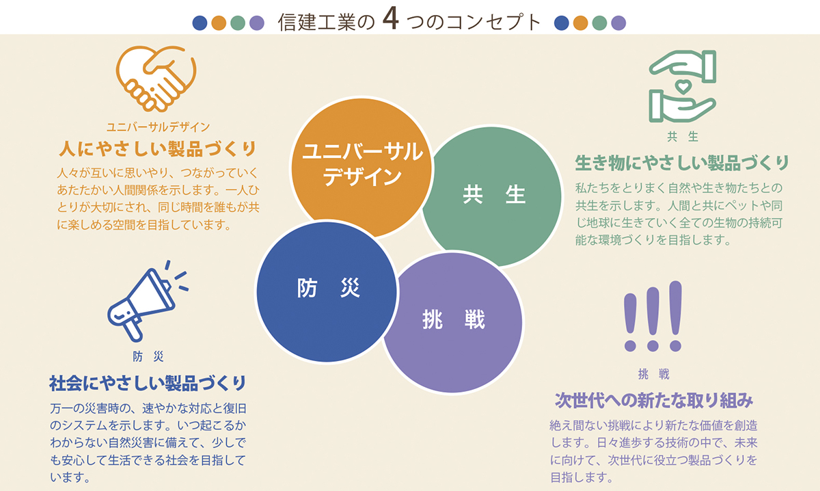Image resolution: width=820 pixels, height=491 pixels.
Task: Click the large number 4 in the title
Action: coord(391,19)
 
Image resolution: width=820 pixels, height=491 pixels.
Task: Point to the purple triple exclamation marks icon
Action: coord(653,316)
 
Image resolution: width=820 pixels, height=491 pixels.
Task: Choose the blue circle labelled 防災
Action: coord(327,292)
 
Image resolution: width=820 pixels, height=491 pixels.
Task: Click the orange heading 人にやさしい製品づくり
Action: coord(158,149)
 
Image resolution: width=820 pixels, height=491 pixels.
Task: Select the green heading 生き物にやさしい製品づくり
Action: coord(682,163)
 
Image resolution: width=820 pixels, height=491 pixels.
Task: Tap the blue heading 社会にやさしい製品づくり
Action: coord(148,383)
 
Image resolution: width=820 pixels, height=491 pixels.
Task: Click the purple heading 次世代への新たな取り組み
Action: coord(654,400)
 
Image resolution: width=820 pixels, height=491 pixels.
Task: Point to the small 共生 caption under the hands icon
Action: coord(683,137)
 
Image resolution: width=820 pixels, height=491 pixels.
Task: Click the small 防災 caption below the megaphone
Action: coord(148,356)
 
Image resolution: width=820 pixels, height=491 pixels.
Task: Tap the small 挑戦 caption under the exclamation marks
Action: coord(653,374)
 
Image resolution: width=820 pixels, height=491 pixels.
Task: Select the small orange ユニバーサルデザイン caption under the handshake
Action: coord(158,127)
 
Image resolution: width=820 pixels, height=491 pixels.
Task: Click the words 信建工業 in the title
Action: coord(316,22)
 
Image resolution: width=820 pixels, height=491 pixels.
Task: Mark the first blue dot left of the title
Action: coord(200,23)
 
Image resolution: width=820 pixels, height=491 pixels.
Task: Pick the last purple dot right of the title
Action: coord(618,23)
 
